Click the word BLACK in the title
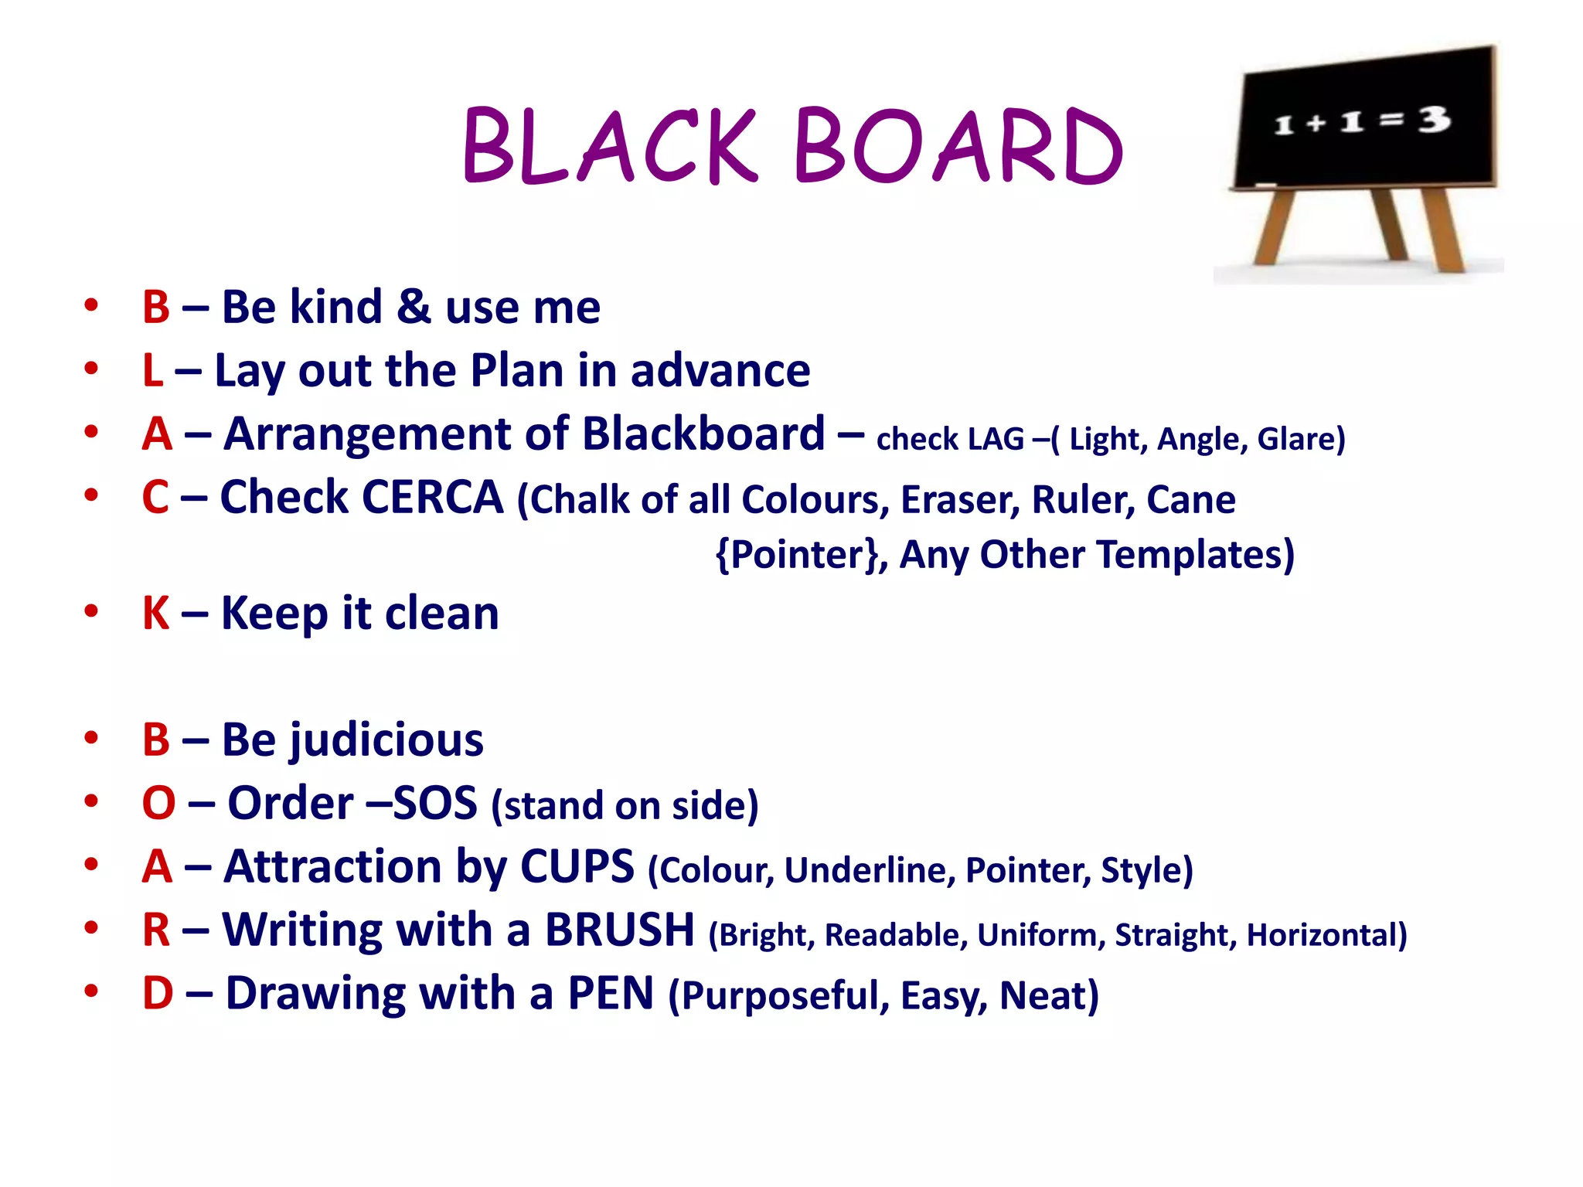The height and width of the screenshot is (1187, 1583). pos(611,147)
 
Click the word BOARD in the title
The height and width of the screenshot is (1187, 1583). pos(958,147)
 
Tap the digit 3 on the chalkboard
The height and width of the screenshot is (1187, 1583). pos(1434,120)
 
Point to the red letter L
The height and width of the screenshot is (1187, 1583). pos(152,371)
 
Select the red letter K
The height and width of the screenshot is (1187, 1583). pos(155,614)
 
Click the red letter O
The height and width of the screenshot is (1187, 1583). pos(158,804)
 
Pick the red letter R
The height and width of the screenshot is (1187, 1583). pos(155,930)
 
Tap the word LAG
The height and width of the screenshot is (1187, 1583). pos(996,440)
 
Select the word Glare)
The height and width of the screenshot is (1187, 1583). pos(1301,439)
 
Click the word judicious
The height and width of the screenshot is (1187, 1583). pos(386,740)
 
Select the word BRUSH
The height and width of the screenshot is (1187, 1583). pos(619,930)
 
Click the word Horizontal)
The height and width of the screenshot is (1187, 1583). pos(1326,935)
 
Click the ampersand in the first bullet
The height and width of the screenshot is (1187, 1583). pos(414,307)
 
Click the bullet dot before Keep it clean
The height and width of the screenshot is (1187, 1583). pos(91,611)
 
